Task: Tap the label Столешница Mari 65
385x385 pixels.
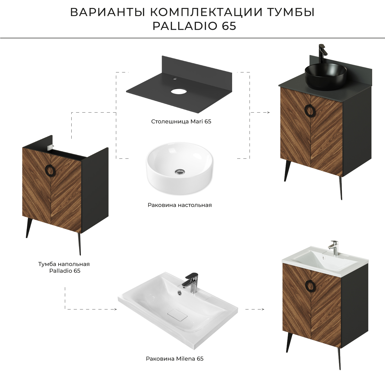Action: pos(181,121)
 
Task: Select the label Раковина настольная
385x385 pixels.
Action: pos(180,205)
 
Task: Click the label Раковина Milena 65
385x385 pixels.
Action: pos(175,359)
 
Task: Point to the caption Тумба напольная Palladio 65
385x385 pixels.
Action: pos(64,267)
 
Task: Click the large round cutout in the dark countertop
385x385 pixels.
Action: pos(179,91)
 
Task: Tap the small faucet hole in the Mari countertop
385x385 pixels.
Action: pos(175,79)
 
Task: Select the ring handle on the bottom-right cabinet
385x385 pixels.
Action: pos(310,286)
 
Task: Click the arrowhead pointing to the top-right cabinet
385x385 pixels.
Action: pos(268,112)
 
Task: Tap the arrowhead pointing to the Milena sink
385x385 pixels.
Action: pos(115,309)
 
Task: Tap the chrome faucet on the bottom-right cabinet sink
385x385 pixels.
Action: pos(334,247)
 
